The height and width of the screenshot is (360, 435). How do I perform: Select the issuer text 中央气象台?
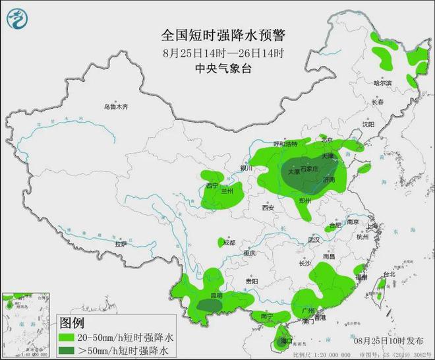coord(217,69)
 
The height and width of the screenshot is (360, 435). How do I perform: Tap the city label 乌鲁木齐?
coord(114,106)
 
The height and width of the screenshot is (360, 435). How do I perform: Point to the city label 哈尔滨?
coord(382,83)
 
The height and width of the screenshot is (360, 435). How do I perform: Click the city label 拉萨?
coord(120,244)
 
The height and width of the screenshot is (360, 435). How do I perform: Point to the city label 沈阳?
coord(368,123)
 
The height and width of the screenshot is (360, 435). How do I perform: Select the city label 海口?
coord(286,341)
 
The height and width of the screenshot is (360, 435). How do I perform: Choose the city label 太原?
coord(292,171)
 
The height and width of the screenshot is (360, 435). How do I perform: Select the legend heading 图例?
coord(72,323)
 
